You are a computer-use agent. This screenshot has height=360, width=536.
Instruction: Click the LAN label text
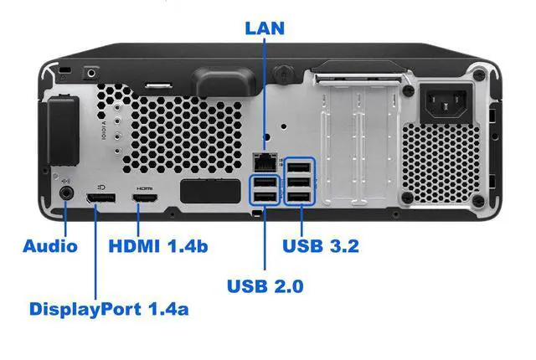265,28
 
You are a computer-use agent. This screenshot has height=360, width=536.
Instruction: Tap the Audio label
50,245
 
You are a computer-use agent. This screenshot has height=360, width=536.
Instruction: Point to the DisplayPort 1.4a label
109,308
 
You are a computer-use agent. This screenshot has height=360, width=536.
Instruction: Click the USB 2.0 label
265,286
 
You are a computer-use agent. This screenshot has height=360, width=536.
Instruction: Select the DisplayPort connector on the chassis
99,199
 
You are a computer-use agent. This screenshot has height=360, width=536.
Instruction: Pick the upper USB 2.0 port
265,182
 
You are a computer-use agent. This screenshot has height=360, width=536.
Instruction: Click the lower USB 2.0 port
265,197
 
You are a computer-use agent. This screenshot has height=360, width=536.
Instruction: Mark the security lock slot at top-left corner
64,68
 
